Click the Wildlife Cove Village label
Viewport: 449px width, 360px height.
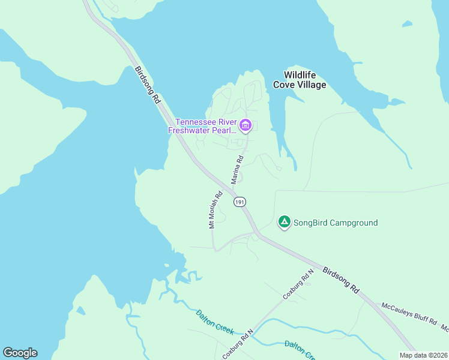[x=300, y=80]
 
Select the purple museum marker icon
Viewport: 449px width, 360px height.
[x=246, y=125]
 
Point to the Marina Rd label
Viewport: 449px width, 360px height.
[x=237, y=170]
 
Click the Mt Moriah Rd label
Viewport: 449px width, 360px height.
[x=215, y=210]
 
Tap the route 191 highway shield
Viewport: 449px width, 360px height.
[x=240, y=202]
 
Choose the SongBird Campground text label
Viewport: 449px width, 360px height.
[x=336, y=223]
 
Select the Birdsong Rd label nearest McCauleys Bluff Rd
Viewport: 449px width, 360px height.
[x=340, y=280]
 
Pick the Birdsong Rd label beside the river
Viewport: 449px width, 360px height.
[x=148, y=86]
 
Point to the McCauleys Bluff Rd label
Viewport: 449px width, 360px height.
[x=409, y=314]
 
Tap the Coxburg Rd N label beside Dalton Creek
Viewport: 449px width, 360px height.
[x=238, y=343]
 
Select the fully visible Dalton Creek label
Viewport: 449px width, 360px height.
[x=214, y=322]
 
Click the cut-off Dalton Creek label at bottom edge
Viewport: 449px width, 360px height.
[x=299, y=350]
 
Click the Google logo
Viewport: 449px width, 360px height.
[x=20, y=353]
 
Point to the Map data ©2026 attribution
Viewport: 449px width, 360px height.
[x=423, y=355]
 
